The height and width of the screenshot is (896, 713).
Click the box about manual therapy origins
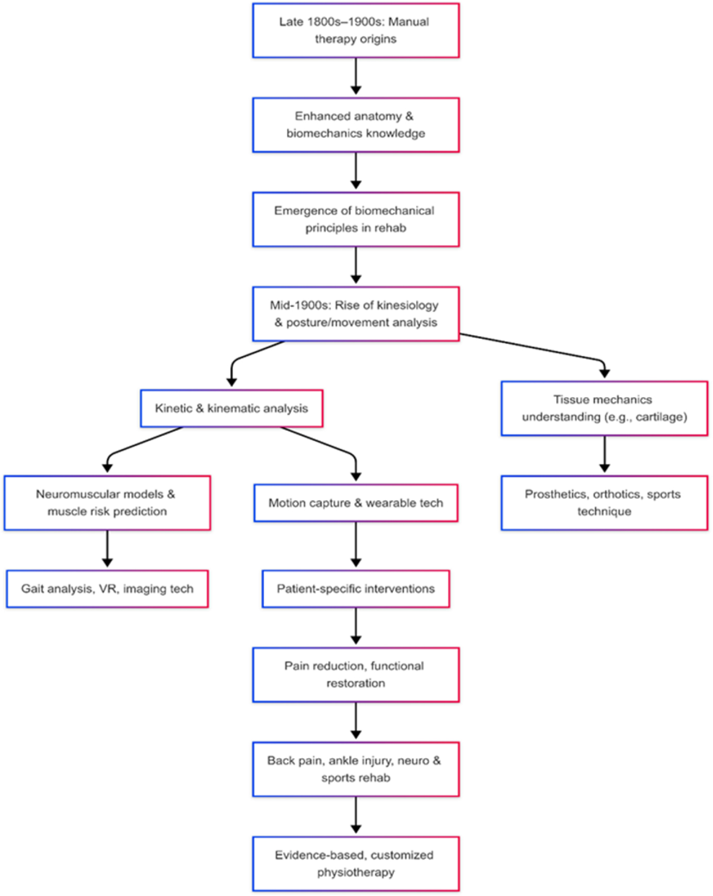[x=356, y=30]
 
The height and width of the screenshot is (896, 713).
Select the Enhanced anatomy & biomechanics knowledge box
[x=356, y=125]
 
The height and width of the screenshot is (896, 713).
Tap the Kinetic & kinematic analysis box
[x=231, y=409]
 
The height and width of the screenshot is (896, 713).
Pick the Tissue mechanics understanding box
[x=604, y=409]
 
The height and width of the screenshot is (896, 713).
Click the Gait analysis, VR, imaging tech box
[x=107, y=589]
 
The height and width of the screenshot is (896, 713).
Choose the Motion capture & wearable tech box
[x=356, y=503]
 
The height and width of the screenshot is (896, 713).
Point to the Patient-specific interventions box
[x=356, y=589]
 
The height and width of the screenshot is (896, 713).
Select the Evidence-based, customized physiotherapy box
[x=356, y=864]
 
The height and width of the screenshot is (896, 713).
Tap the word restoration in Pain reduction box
[x=356, y=683]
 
